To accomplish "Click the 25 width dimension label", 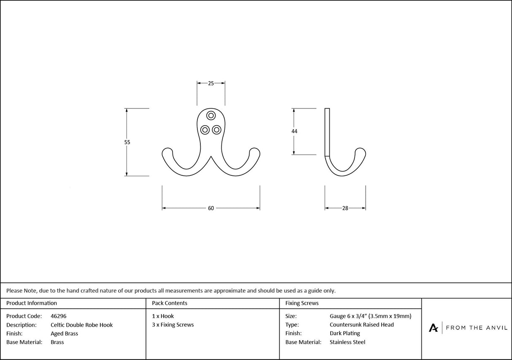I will tap(211, 83).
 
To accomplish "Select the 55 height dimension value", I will tap(127, 142).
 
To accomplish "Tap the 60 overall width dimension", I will tap(211, 208).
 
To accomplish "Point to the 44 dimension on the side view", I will tap(294, 131).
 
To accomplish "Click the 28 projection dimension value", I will tap(345, 208).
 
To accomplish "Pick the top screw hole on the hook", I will tap(211, 115).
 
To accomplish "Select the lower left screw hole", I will tap(205, 129).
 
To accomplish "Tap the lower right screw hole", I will tap(216, 129).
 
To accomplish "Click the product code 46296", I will tap(58, 316).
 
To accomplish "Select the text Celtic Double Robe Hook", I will tap(81, 325).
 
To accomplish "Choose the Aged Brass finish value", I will tap(64, 333).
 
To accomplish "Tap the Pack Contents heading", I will tap(170, 303).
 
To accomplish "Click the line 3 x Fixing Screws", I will tap(173, 325).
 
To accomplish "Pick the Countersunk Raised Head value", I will tap(361, 325).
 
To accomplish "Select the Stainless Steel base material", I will tap(347, 342).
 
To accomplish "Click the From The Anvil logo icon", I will tap(433, 328).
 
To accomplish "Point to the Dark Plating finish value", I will tap(345, 333).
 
